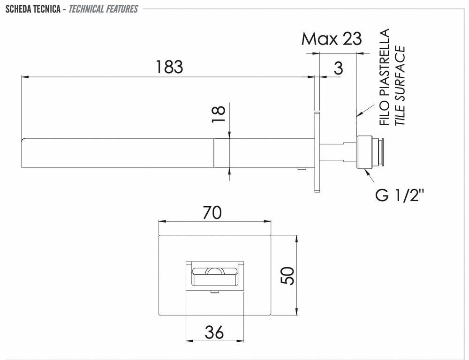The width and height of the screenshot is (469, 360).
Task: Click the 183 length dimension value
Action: point(169,67)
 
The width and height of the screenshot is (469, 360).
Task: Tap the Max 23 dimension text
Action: point(332,38)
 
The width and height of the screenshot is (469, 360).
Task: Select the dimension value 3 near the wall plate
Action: point(338,68)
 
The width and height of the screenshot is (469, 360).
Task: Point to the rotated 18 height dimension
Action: point(219,114)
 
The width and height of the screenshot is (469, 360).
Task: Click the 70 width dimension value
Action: point(212,213)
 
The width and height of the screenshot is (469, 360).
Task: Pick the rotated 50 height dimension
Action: point(287,275)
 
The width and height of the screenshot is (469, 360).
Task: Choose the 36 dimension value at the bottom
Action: point(214,332)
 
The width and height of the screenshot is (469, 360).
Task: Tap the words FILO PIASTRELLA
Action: point(385,77)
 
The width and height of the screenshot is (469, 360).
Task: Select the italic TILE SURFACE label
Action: point(400,85)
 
